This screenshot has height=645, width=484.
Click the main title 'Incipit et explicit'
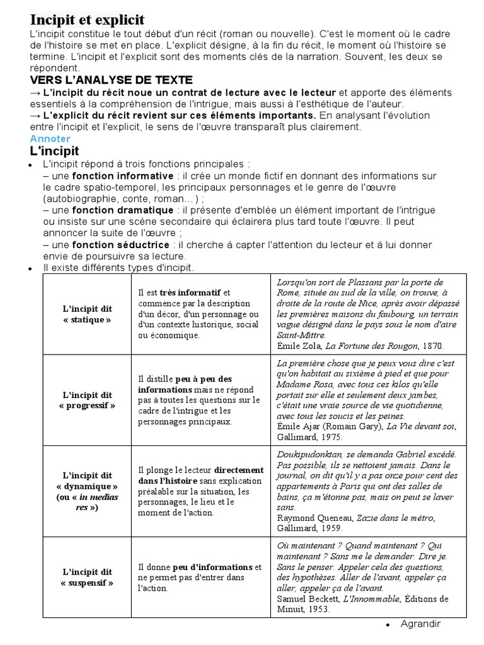coord(88,20)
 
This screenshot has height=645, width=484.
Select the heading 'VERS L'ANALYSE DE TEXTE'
coord(111,80)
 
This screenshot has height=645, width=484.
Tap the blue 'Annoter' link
coord(50,139)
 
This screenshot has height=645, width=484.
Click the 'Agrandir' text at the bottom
coord(420,624)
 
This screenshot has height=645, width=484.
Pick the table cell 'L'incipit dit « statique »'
coord(87,314)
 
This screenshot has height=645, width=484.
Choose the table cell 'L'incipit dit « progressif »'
coord(87,400)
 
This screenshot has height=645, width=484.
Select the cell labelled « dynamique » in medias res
coord(87,491)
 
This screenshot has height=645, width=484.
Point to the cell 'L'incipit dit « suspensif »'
coord(87,577)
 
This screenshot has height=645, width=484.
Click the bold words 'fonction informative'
coord(122,176)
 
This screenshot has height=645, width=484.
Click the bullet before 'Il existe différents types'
coord(30,269)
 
